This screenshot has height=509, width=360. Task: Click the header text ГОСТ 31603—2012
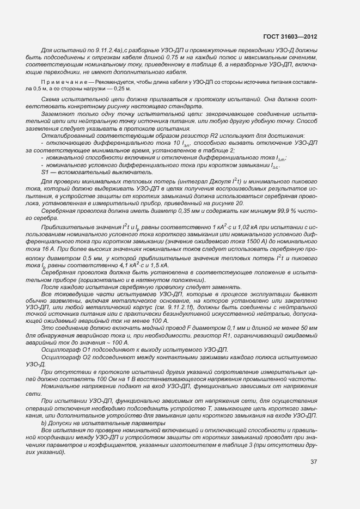(290, 36)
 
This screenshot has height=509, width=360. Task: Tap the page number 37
(313, 462)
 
